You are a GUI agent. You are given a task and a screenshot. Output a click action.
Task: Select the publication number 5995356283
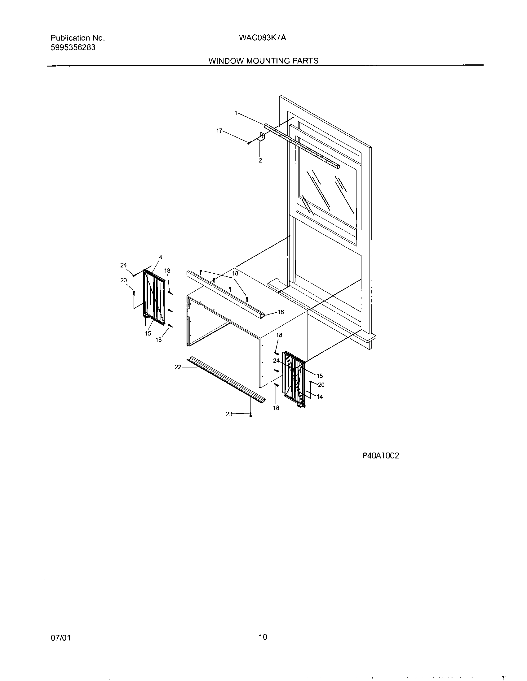pyautogui.click(x=73, y=48)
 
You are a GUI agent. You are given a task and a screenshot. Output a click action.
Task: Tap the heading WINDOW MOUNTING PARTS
pyautogui.click(x=263, y=61)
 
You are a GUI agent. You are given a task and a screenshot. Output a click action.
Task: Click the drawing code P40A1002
pyautogui.click(x=381, y=456)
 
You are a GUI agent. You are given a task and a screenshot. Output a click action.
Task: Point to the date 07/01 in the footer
pyautogui.click(x=60, y=647)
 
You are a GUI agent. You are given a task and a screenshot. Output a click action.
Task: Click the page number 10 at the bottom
pyautogui.click(x=263, y=646)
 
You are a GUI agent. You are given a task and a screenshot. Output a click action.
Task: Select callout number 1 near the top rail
pyautogui.click(x=236, y=113)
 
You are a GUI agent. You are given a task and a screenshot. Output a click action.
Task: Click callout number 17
pyautogui.click(x=219, y=131)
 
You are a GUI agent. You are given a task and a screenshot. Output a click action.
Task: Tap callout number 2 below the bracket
pyautogui.click(x=260, y=161)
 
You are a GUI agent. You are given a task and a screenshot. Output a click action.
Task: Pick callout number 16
pyautogui.click(x=281, y=312)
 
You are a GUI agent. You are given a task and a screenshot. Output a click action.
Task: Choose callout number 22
pyautogui.click(x=178, y=367)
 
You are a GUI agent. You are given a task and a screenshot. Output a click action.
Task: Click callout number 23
pyautogui.click(x=229, y=414)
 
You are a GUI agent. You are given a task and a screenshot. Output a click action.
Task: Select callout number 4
pyautogui.click(x=161, y=257)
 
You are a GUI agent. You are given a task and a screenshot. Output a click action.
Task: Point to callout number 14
pyautogui.click(x=320, y=397)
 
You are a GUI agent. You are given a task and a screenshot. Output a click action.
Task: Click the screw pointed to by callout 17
pyautogui.click(x=249, y=143)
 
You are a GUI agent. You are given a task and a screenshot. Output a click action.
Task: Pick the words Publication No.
pyautogui.click(x=78, y=38)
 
